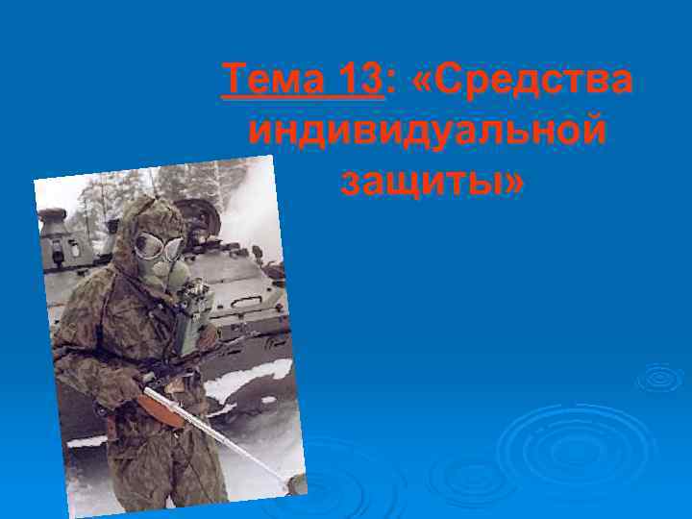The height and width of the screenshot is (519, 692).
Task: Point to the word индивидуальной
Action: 427,129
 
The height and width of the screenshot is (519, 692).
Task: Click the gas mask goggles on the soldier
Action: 156,246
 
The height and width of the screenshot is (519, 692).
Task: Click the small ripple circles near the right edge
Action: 660,378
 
